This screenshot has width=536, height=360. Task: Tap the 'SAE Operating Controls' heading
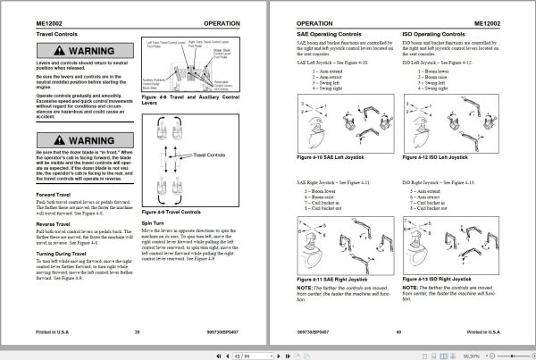click(316, 33)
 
